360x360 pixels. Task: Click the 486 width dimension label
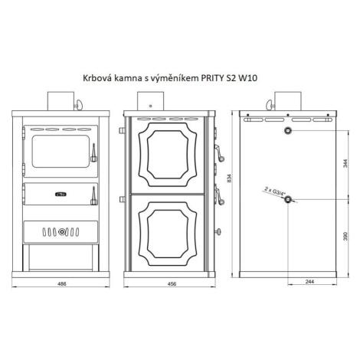pos(62,283)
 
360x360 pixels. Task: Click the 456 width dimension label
pos(172,283)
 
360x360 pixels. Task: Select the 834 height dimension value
pos(229,178)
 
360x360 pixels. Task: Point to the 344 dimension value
pos(345,163)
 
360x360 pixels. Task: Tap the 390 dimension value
pos(345,236)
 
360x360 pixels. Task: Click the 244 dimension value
pos(309,282)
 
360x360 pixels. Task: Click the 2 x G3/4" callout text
pos(275,191)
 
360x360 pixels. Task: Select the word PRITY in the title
pos(211,78)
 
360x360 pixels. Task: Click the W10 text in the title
pos(247,78)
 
